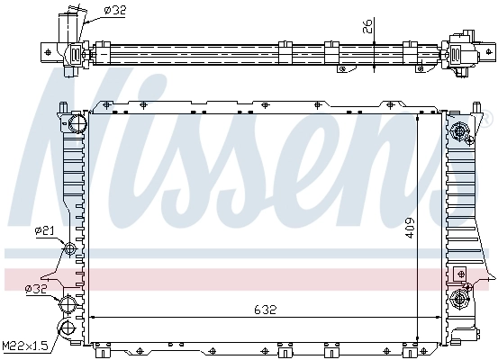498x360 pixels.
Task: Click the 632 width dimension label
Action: (x=264, y=309)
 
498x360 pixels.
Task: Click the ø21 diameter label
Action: (x=44, y=232)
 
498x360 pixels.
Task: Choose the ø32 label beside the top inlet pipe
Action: (x=114, y=10)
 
